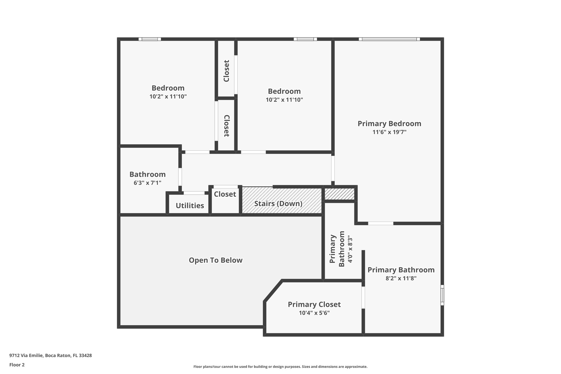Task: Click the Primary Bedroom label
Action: coord(389,124)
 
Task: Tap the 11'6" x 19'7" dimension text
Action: coord(389,132)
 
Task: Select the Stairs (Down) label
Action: coord(278,204)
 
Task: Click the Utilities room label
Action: coord(190,205)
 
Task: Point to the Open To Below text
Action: coord(216,260)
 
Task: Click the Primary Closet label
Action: coord(314,304)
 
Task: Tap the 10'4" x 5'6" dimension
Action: coord(314,313)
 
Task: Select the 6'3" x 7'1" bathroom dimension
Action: coord(147,183)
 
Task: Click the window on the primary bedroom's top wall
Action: coord(389,39)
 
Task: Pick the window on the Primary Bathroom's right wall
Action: coord(442,295)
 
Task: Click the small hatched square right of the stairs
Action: coord(339,194)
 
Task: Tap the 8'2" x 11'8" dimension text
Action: coord(401,278)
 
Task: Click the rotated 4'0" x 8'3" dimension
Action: coord(350,250)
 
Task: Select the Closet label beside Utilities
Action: coord(225,194)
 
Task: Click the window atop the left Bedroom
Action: coord(150,39)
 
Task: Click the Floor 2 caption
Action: coord(17,365)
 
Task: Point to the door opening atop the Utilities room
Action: coord(194,193)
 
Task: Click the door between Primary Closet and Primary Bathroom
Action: coord(363,297)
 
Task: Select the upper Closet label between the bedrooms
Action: coord(226,71)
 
